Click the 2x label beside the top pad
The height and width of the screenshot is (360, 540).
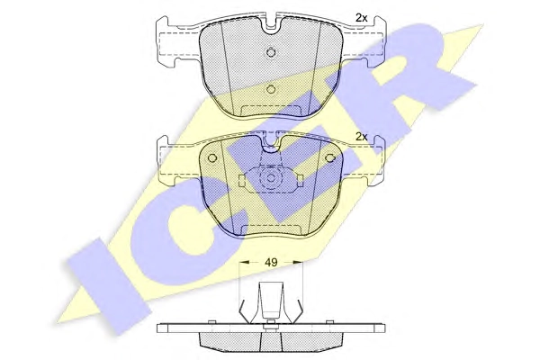pyautogui.click(x=361, y=18)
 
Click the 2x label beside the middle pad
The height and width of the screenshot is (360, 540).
pyautogui.click(x=361, y=137)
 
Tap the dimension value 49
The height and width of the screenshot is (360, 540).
pyautogui.click(x=271, y=262)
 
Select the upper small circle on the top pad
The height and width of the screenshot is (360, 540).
pyautogui.click(x=272, y=52)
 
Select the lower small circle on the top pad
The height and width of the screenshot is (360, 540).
pyautogui.click(x=272, y=89)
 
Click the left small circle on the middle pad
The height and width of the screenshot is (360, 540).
pyautogui.click(x=212, y=158)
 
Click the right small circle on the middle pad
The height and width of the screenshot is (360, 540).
pyautogui.click(x=330, y=158)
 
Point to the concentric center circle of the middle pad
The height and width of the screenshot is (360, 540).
pyautogui.click(x=271, y=178)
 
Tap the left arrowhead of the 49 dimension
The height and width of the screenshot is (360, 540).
pyautogui.click(x=244, y=262)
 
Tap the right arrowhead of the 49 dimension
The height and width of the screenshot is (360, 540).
pyautogui.click(x=298, y=262)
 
